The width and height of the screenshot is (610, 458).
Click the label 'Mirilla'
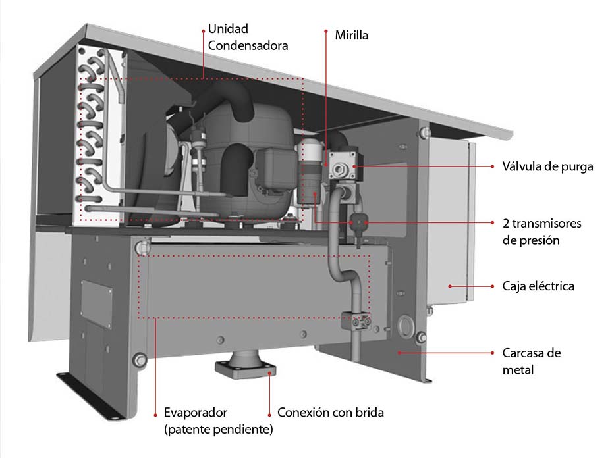(x=351, y=35)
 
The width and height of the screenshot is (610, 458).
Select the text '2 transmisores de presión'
(x=541, y=232)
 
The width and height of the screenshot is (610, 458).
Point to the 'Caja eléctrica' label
(x=538, y=286)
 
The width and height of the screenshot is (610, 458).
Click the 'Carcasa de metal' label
(x=531, y=361)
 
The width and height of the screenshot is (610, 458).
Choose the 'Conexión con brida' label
(x=330, y=413)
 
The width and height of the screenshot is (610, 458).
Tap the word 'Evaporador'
(x=195, y=413)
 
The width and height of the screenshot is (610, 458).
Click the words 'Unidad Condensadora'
(x=248, y=38)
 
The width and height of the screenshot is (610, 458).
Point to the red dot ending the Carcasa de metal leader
(x=399, y=353)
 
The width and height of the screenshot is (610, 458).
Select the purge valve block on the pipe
(x=343, y=165)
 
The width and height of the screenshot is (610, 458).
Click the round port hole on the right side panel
(x=407, y=326)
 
